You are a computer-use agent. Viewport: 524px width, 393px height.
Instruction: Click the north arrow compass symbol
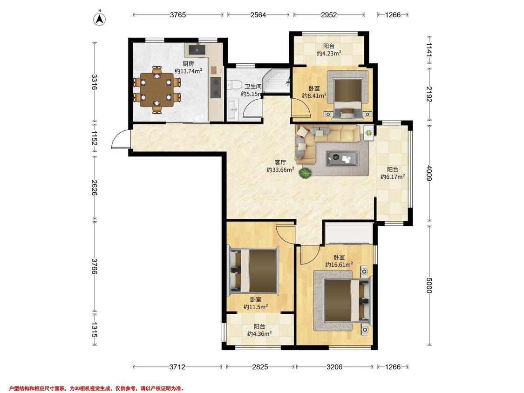(99, 19)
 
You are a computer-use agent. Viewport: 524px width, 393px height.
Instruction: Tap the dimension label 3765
(178, 15)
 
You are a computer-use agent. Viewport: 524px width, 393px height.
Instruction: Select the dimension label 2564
(259, 15)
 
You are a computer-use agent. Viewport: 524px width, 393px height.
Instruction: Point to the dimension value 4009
(429, 172)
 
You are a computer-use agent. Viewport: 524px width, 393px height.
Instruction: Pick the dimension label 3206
(334, 367)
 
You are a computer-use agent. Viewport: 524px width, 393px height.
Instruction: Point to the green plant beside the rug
(305, 173)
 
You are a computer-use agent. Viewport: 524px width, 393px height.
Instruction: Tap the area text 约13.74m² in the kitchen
(189, 71)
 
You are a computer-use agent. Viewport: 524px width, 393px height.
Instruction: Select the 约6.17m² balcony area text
(393, 176)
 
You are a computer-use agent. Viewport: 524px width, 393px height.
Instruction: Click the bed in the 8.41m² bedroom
(348, 95)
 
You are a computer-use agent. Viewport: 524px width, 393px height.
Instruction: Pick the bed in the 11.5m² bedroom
(253, 271)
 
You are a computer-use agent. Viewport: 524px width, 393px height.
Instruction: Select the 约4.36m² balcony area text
(259, 333)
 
